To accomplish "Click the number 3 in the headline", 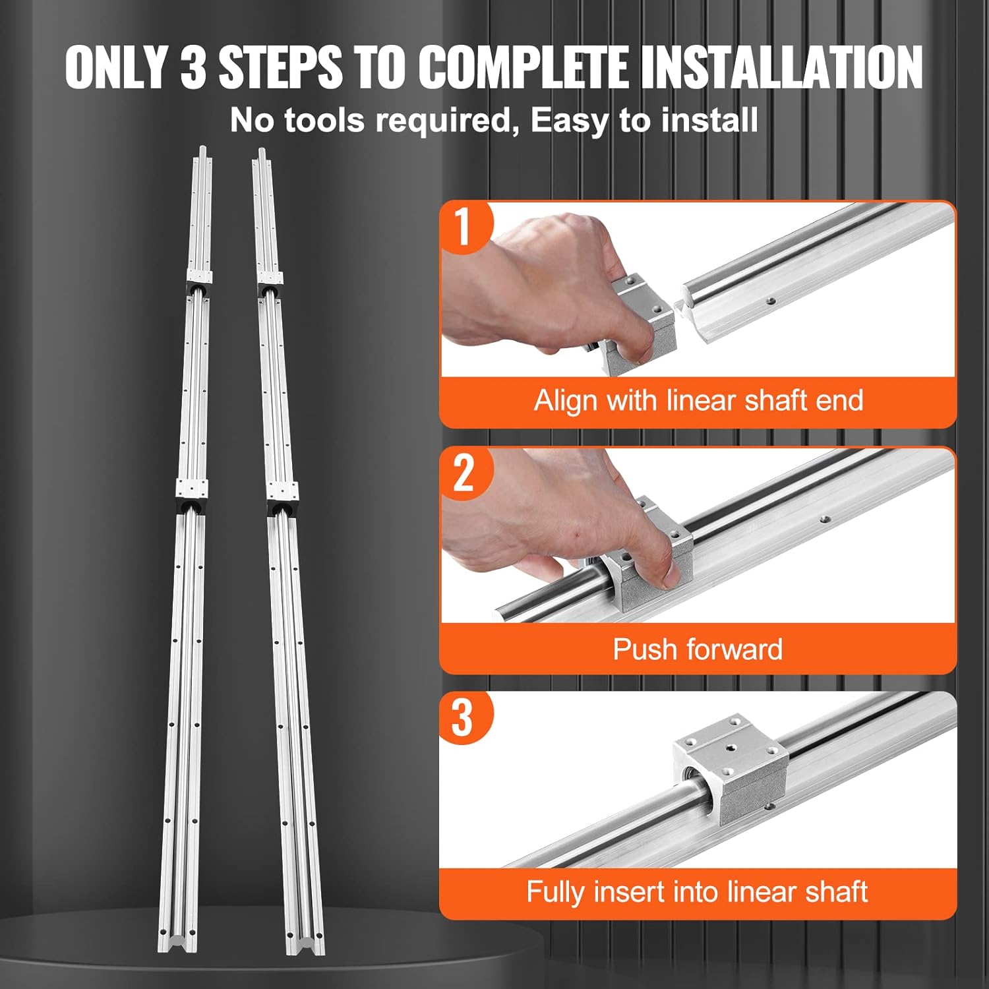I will click(193, 67).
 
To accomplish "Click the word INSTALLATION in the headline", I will click(781, 67).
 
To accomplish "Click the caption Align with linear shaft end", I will click(698, 401).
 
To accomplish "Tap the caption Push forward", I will click(698, 649).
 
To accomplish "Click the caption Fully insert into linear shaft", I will click(698, 892).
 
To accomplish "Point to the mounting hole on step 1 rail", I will click(770, 302).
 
